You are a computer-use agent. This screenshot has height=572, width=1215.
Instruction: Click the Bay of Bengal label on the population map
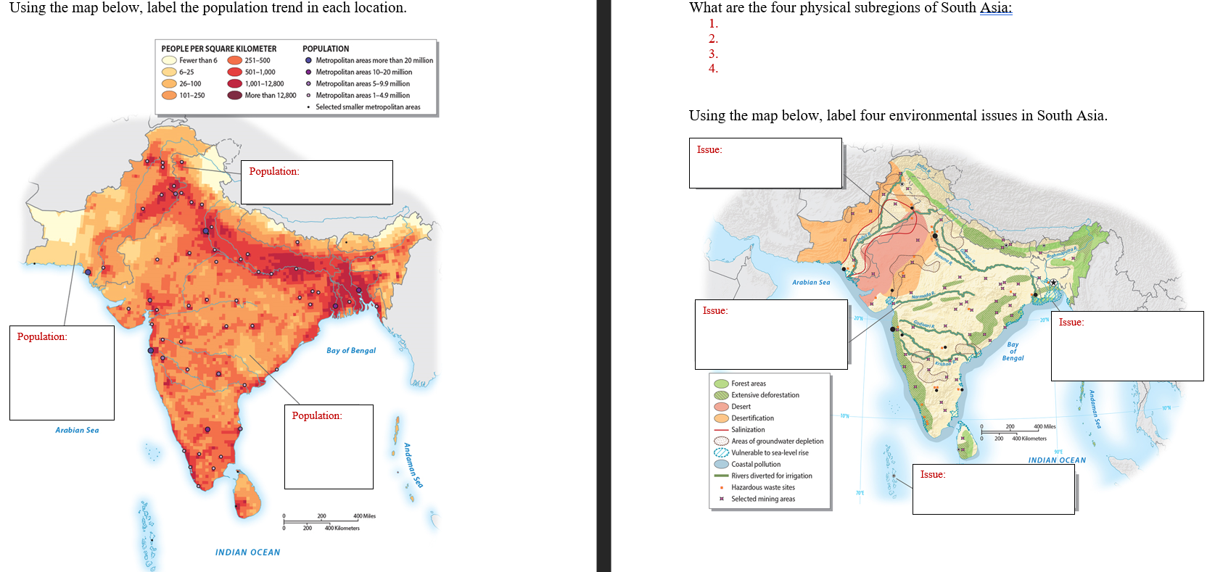pyautogui.click(x=351, y=351)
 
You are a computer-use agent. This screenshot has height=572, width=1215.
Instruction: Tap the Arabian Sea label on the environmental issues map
pyautogui.click(x=811, y=283)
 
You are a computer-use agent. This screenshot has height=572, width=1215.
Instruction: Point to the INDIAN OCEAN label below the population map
pyautogui.click(x=247, y=552)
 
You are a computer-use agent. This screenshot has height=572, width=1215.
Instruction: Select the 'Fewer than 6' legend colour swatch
pyautogui.click(x=169, y=61)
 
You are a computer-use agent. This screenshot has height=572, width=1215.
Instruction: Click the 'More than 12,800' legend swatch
pyautogui.click(x=234, y=95)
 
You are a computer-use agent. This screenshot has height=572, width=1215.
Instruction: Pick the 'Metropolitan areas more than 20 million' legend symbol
pyautogui.click(x=308, y=61)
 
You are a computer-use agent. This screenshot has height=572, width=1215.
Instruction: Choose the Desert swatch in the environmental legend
pyautogui.click(x=721, y=407)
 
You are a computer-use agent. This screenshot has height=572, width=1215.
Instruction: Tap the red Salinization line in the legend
pyautogui.click(x=721, y=430)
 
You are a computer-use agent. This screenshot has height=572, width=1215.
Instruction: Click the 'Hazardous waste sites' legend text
pyautogui.click(x=763, y=488)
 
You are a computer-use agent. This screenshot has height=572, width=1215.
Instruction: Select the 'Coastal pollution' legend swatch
pyautogui.click(x=721, y=465)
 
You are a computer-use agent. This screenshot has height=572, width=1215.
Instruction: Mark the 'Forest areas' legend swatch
pyautogui.click(x=721, y=384)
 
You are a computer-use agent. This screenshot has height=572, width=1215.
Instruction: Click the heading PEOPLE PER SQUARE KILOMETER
pyautogui.click(x=218, y=49)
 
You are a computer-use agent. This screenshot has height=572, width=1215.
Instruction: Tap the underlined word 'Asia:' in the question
pyautogui.click(x=996, y=8)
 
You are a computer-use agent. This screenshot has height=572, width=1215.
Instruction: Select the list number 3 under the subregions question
pyautogui.click(x=713, y=54)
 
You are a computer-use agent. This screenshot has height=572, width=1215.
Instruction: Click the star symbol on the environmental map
pyautogui.click(x=1053, y=283)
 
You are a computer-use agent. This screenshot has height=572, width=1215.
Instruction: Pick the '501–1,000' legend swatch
pyautogui.click(x=234, y=72)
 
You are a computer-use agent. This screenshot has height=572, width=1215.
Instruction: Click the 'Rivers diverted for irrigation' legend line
pyautogui.click(x=721, y=476)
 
